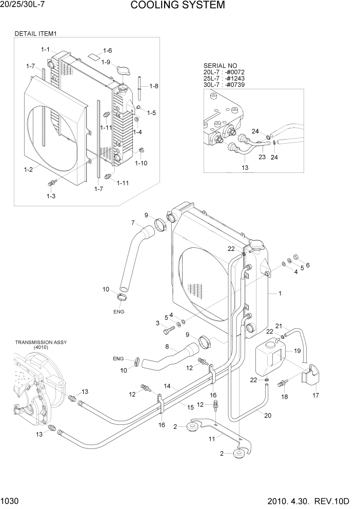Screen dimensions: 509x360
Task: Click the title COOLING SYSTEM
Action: (x=177, y=6)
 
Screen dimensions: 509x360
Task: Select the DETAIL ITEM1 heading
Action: (x=35, y=34)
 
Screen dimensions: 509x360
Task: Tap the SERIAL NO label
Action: (x=221, y=66)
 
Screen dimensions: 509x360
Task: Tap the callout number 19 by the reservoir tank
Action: (x=296, y=351)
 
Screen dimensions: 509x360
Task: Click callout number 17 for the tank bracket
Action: (x=316, y=395)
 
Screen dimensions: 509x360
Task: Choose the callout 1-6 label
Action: (x=107, y=50)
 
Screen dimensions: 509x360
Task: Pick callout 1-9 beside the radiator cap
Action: (x=106, y=62)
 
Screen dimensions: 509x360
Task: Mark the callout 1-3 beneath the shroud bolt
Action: (x=51, y=196)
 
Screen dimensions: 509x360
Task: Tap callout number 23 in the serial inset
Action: (x=262, y=157)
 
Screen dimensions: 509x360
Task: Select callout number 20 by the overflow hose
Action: (x=267, y=416)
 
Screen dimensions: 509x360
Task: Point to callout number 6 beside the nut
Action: (x=308, y=265)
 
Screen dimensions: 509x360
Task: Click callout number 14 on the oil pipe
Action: (x=167, y=386)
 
